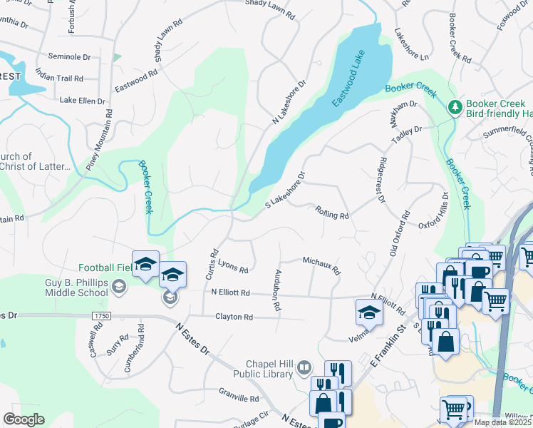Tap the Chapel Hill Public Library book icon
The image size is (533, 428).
click(x=304, y=367)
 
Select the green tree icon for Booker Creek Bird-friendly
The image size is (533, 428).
click(x=454, y=107)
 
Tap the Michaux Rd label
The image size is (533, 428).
click(x=321, y=265)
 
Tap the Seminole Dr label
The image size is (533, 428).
click(x=69, y=56)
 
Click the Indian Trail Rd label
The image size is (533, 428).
click(x=59, y=78)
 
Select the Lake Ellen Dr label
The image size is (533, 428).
click(x=82, y=101)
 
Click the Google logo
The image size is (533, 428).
click(x=24, y=419)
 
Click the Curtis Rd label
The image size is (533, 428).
click(x=212, y=263)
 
